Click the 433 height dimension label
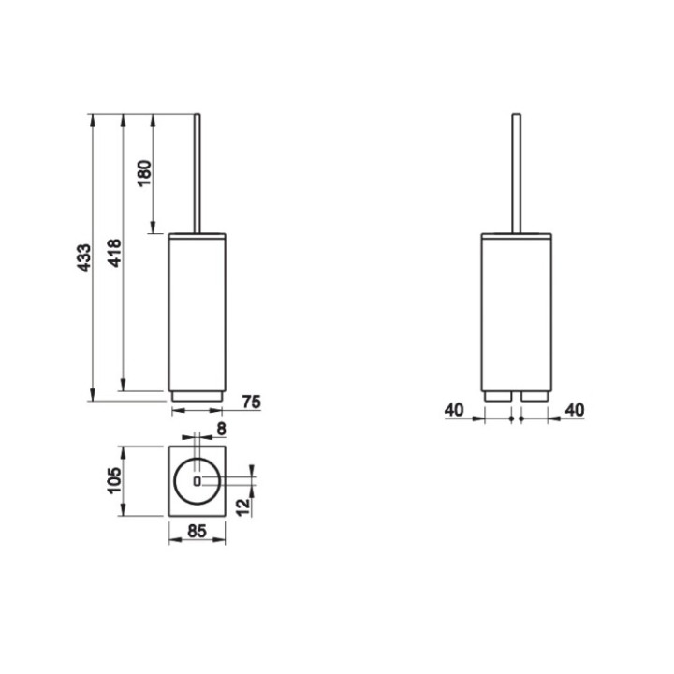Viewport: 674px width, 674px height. [84, 258]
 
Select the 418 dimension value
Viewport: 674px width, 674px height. [114, 253]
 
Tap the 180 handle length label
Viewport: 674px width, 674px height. [144, 173]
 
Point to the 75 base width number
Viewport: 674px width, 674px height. [252, 402]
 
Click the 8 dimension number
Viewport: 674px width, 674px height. [221, 429]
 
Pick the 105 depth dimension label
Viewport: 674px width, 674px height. [114, 480]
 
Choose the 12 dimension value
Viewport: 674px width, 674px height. [242, 506]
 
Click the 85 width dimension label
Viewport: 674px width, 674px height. [197, 532]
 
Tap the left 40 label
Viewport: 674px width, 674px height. [454, 410]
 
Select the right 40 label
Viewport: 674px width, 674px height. [575, 410]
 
